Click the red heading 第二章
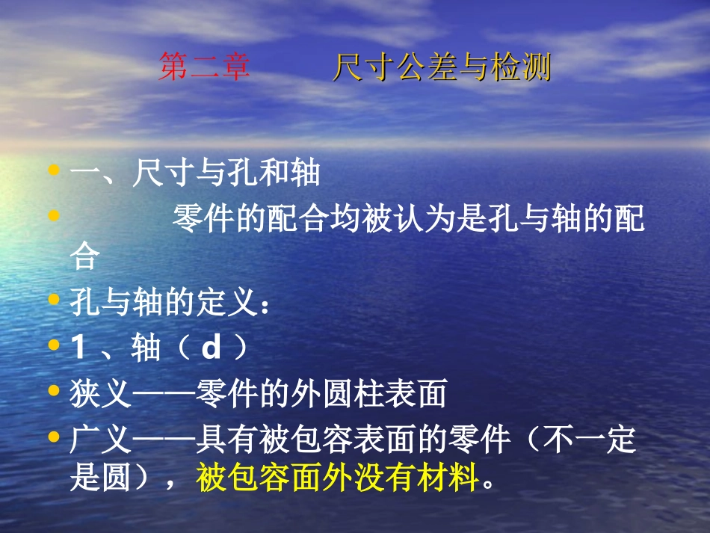(x=204, y=68)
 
